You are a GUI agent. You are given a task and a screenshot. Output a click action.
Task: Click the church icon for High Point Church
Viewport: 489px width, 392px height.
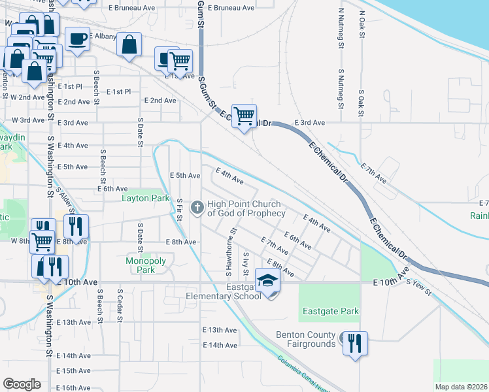(196, 208)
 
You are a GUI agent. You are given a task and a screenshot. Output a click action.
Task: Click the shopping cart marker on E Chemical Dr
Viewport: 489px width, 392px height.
(244, 116)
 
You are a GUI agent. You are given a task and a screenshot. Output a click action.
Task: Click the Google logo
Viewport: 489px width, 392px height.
(22, 384)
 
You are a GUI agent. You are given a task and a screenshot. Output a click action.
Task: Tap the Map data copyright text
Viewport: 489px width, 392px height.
(460, 387)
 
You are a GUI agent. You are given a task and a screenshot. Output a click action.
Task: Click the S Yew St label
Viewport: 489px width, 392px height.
(419, 287)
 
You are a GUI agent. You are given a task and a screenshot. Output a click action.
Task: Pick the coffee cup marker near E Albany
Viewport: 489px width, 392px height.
(77, 39)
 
